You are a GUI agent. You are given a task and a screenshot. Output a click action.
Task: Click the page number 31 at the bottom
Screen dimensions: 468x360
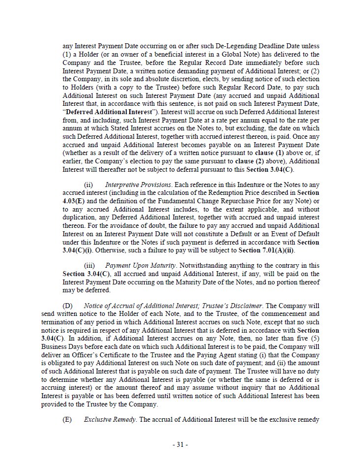pos(180,444)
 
